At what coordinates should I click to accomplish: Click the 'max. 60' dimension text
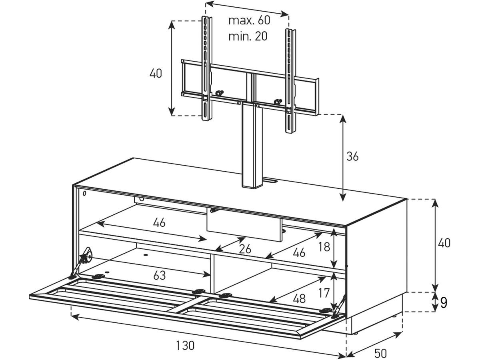249,20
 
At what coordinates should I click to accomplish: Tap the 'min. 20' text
248,36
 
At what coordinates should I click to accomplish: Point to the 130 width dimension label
185,346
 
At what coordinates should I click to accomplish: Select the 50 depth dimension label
380,354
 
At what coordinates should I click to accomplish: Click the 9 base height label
444,303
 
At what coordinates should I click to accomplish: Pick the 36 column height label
352,156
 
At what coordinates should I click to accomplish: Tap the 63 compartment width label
160,276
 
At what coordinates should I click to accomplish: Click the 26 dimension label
245,249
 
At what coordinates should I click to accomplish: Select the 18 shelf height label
324,247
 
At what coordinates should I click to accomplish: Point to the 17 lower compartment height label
324,293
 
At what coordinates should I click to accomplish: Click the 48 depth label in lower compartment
299,298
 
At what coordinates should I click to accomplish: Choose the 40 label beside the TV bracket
156,73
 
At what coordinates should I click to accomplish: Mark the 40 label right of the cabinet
444,243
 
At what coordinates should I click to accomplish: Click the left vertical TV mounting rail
207,68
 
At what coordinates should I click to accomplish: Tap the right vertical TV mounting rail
290,81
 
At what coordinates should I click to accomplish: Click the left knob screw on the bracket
219,93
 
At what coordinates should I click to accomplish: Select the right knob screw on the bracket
278,102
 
